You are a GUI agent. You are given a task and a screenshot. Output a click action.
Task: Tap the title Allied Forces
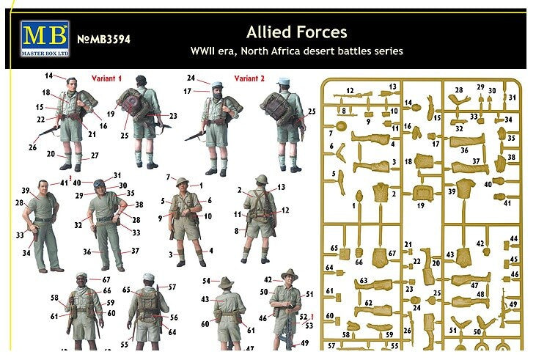tap(296, 32)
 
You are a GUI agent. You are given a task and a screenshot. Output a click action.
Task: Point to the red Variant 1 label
tap(106, 78)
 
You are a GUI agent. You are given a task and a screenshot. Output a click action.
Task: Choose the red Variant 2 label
tap(249, 78)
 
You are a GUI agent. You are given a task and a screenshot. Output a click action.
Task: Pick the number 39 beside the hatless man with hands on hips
tap(25, 190)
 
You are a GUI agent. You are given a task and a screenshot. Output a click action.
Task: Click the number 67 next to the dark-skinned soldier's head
tap(106, 279)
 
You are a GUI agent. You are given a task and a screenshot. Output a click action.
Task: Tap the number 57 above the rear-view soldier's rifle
tap(172, 287)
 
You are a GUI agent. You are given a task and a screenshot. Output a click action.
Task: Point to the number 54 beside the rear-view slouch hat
tap(206, 281)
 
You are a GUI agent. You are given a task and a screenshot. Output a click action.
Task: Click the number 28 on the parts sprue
tap(459, 90)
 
